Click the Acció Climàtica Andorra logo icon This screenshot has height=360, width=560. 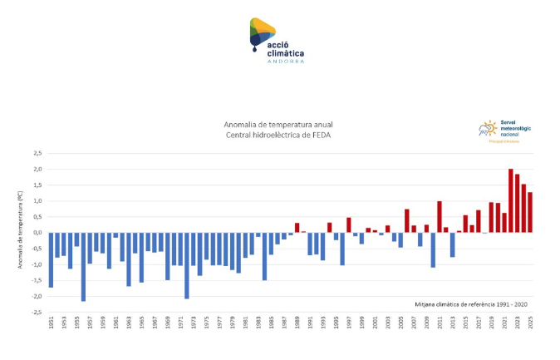(x=263, y=33)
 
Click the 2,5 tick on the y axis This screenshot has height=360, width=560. (x=37, y=153)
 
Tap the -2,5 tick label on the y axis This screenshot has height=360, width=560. (x=37, y=313)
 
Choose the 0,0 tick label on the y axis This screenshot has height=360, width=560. (x=37, y=233)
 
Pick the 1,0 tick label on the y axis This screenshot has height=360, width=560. (x=37, y=201)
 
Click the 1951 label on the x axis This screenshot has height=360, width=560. (x=51, y=323)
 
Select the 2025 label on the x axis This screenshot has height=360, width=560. (x=530, y=323)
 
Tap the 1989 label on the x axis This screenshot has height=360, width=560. (x=297, y=323)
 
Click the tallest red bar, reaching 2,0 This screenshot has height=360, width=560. (x=511, y=200)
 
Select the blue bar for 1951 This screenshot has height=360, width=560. (x=51, y=259)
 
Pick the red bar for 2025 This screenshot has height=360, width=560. (x=530, y=212)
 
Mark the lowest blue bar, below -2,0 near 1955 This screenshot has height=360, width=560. (x=83, y=266)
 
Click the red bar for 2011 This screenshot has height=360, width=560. (x=440, y=217)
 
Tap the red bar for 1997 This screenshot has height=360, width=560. (x=349, y=225)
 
